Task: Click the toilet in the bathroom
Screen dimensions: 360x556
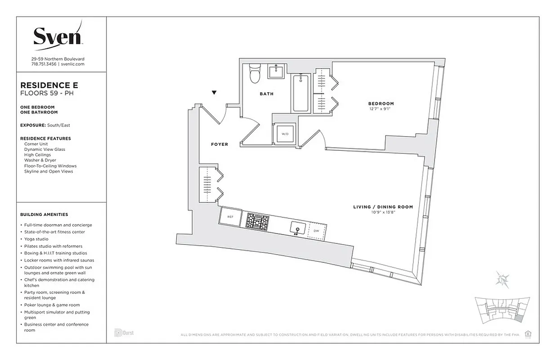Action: [x=255, y=73]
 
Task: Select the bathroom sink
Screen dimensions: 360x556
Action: [x=275, y=71]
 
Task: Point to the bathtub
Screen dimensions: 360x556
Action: [x=300, y=93]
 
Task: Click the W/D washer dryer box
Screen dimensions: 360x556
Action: [x=284, y=134]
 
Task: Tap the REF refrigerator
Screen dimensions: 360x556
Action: [x=230, y=216]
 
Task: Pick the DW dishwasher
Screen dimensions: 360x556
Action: [x=316, y=230]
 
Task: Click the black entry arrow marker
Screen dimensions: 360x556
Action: [x=214, y=93]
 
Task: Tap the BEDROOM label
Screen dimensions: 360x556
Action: [x=381, y=103]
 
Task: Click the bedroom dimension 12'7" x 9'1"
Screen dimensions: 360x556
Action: [x=381, y=109]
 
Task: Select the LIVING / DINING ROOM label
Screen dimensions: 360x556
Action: [x=383, y=207]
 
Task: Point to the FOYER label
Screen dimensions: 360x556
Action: [x=220, y=144]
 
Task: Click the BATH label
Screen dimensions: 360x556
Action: [x=266, y=94]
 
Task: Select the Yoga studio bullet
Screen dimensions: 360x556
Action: [x=36, y=239]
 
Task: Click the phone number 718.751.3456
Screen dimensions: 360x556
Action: [x=44, y=64]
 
